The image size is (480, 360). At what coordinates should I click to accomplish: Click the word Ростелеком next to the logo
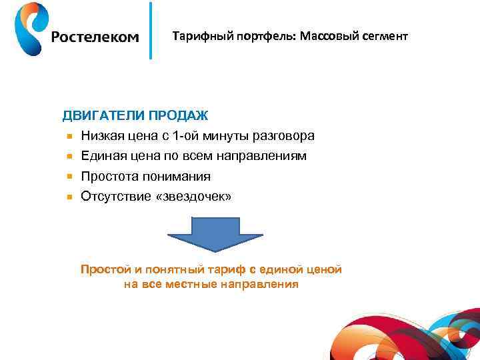pyautogui.click(x=95, y=37)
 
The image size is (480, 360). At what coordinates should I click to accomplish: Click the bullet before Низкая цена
pyautogui.click(x=68, y=137)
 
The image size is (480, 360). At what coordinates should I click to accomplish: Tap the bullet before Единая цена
pyautogui.click(x=68, y=157)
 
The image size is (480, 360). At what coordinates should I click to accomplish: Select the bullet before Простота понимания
pyautogui.click(x=68, y=177)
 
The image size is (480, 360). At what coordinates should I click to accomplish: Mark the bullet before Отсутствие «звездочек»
pyautogui.click(x=68, y=197)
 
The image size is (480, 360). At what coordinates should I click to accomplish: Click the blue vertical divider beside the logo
pyautogui.click(x=151, y=31)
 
